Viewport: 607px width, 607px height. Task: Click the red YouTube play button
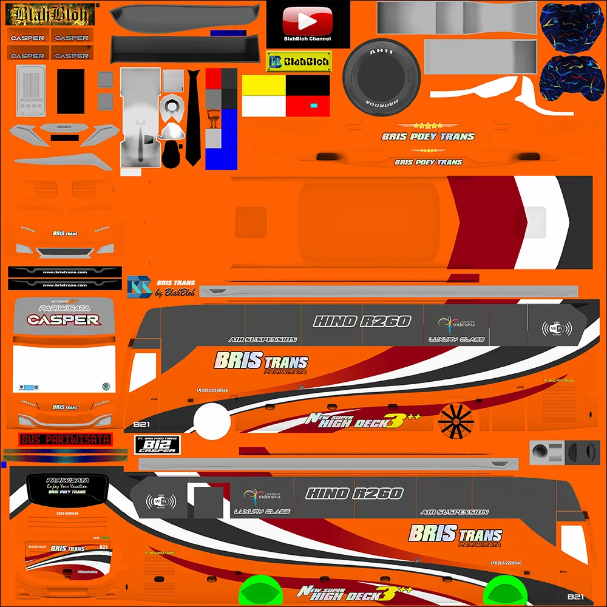click(308, 22)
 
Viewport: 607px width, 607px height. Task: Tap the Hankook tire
click(381, 75)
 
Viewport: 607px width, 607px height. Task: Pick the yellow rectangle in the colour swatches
click(264, 86)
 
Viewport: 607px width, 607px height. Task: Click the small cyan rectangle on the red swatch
click(313, 106)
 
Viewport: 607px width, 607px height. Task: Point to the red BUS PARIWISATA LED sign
click(65, 439)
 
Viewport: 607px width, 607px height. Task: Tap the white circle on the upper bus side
click(208, 418)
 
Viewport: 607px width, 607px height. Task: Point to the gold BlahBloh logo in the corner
click(50, 14)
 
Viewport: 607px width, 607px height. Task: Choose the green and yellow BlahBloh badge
click(299, 61)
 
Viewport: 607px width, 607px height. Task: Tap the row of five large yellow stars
click(429, 126)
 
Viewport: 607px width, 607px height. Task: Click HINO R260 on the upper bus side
click(362, 321)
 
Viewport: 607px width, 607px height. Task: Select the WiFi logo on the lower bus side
click(161, 501)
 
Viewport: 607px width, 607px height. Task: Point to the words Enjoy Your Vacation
click(67, 486)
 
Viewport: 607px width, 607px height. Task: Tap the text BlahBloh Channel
click(307, 39)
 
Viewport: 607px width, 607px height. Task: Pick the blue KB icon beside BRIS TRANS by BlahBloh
click(139, 287)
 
